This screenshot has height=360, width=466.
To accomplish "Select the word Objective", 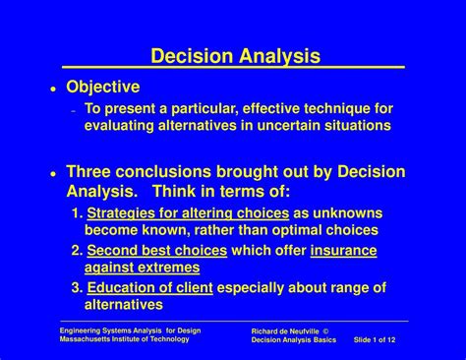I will point(102,88).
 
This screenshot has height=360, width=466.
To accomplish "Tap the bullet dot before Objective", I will point(52,89).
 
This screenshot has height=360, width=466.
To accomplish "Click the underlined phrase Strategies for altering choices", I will point(188,213).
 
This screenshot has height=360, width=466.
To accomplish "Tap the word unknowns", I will point(348,213).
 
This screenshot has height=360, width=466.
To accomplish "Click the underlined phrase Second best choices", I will point(156,251).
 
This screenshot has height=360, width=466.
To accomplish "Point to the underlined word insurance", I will point(343,251).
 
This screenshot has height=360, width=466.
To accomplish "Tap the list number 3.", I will point(76,288).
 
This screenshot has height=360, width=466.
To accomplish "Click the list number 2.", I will point(76,251).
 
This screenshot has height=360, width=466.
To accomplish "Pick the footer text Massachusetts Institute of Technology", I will point(126,340).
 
